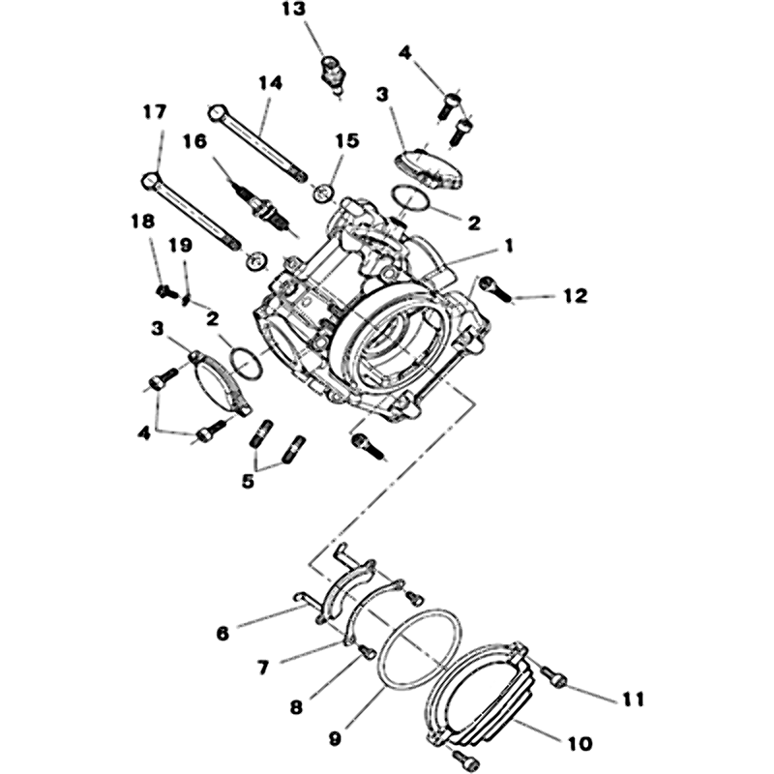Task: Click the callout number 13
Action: coord(294,10)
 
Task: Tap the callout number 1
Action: coord(509,246)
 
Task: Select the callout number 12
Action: coord(576,296)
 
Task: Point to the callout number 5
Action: coord(248,480)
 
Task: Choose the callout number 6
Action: coord(223,634)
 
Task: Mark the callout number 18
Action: coord(142,222)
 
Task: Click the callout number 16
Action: coord(194,141)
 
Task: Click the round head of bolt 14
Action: coord(218,112)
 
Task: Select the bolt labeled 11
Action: coord(552,676)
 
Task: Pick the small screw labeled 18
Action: coord(166,292)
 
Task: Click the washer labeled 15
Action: coord(324,192)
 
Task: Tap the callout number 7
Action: coord(262,668)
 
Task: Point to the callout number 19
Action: coord(180,245)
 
